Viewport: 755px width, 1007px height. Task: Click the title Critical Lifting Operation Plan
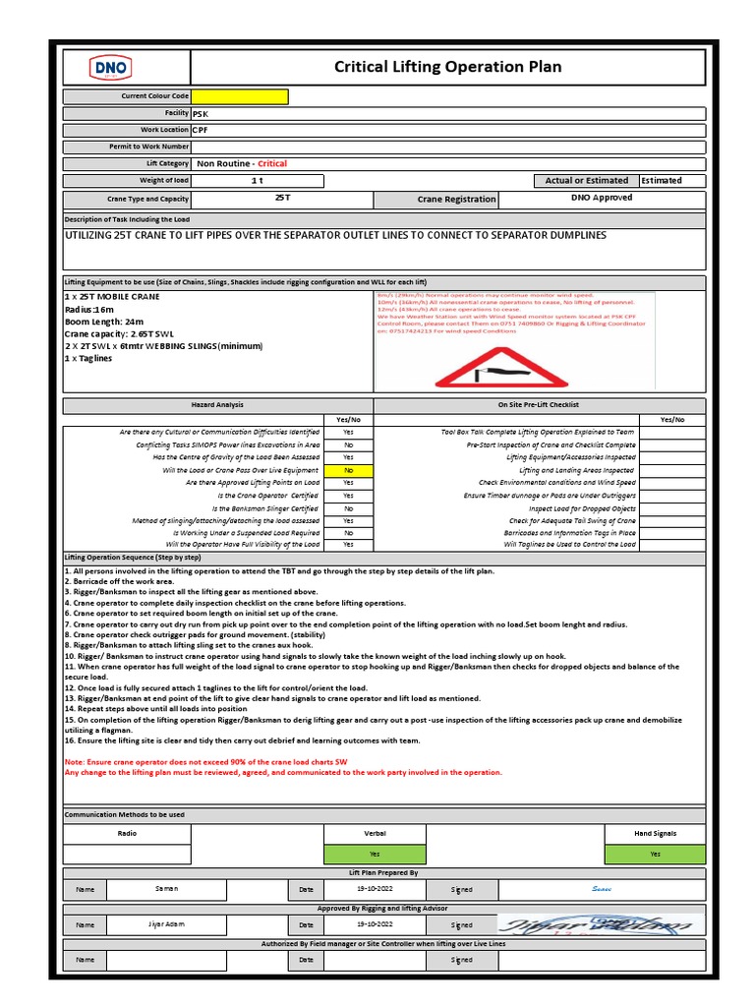pyautogui.click(x=448, y=67)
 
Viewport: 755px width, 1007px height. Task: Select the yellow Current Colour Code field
pyautogui.click(x=240, y=96)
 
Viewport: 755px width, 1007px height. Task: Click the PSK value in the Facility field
pyautogui.click(x=201, y=114)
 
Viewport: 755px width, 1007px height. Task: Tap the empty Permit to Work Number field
pyautogui.click(x=447, y=147)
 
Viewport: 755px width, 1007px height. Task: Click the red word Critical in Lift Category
pyautogui.click(x=272, y=163)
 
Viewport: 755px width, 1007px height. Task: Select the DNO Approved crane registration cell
pyautogui.click(x=602, y=198)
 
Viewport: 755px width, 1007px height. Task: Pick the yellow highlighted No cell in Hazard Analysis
pyautogui.click(x=349, y=471)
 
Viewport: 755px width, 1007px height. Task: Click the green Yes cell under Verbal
pyautogui.click(x=375, y=854)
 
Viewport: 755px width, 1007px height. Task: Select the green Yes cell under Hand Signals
pyautogui.click(x=655, y=854)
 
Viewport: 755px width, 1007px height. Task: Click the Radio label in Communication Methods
pyautogui.click(x=127, y=834)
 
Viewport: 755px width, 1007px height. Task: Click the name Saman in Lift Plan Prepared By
pyautogui.click(x=167, y=889)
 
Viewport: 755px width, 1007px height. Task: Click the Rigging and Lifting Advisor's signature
pyautogui.click(x=601, y=925)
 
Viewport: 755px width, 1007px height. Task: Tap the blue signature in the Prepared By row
pyautogui.click(x=601, y=889)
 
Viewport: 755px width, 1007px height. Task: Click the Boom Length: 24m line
pyautogui.click(x=104, y=322)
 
